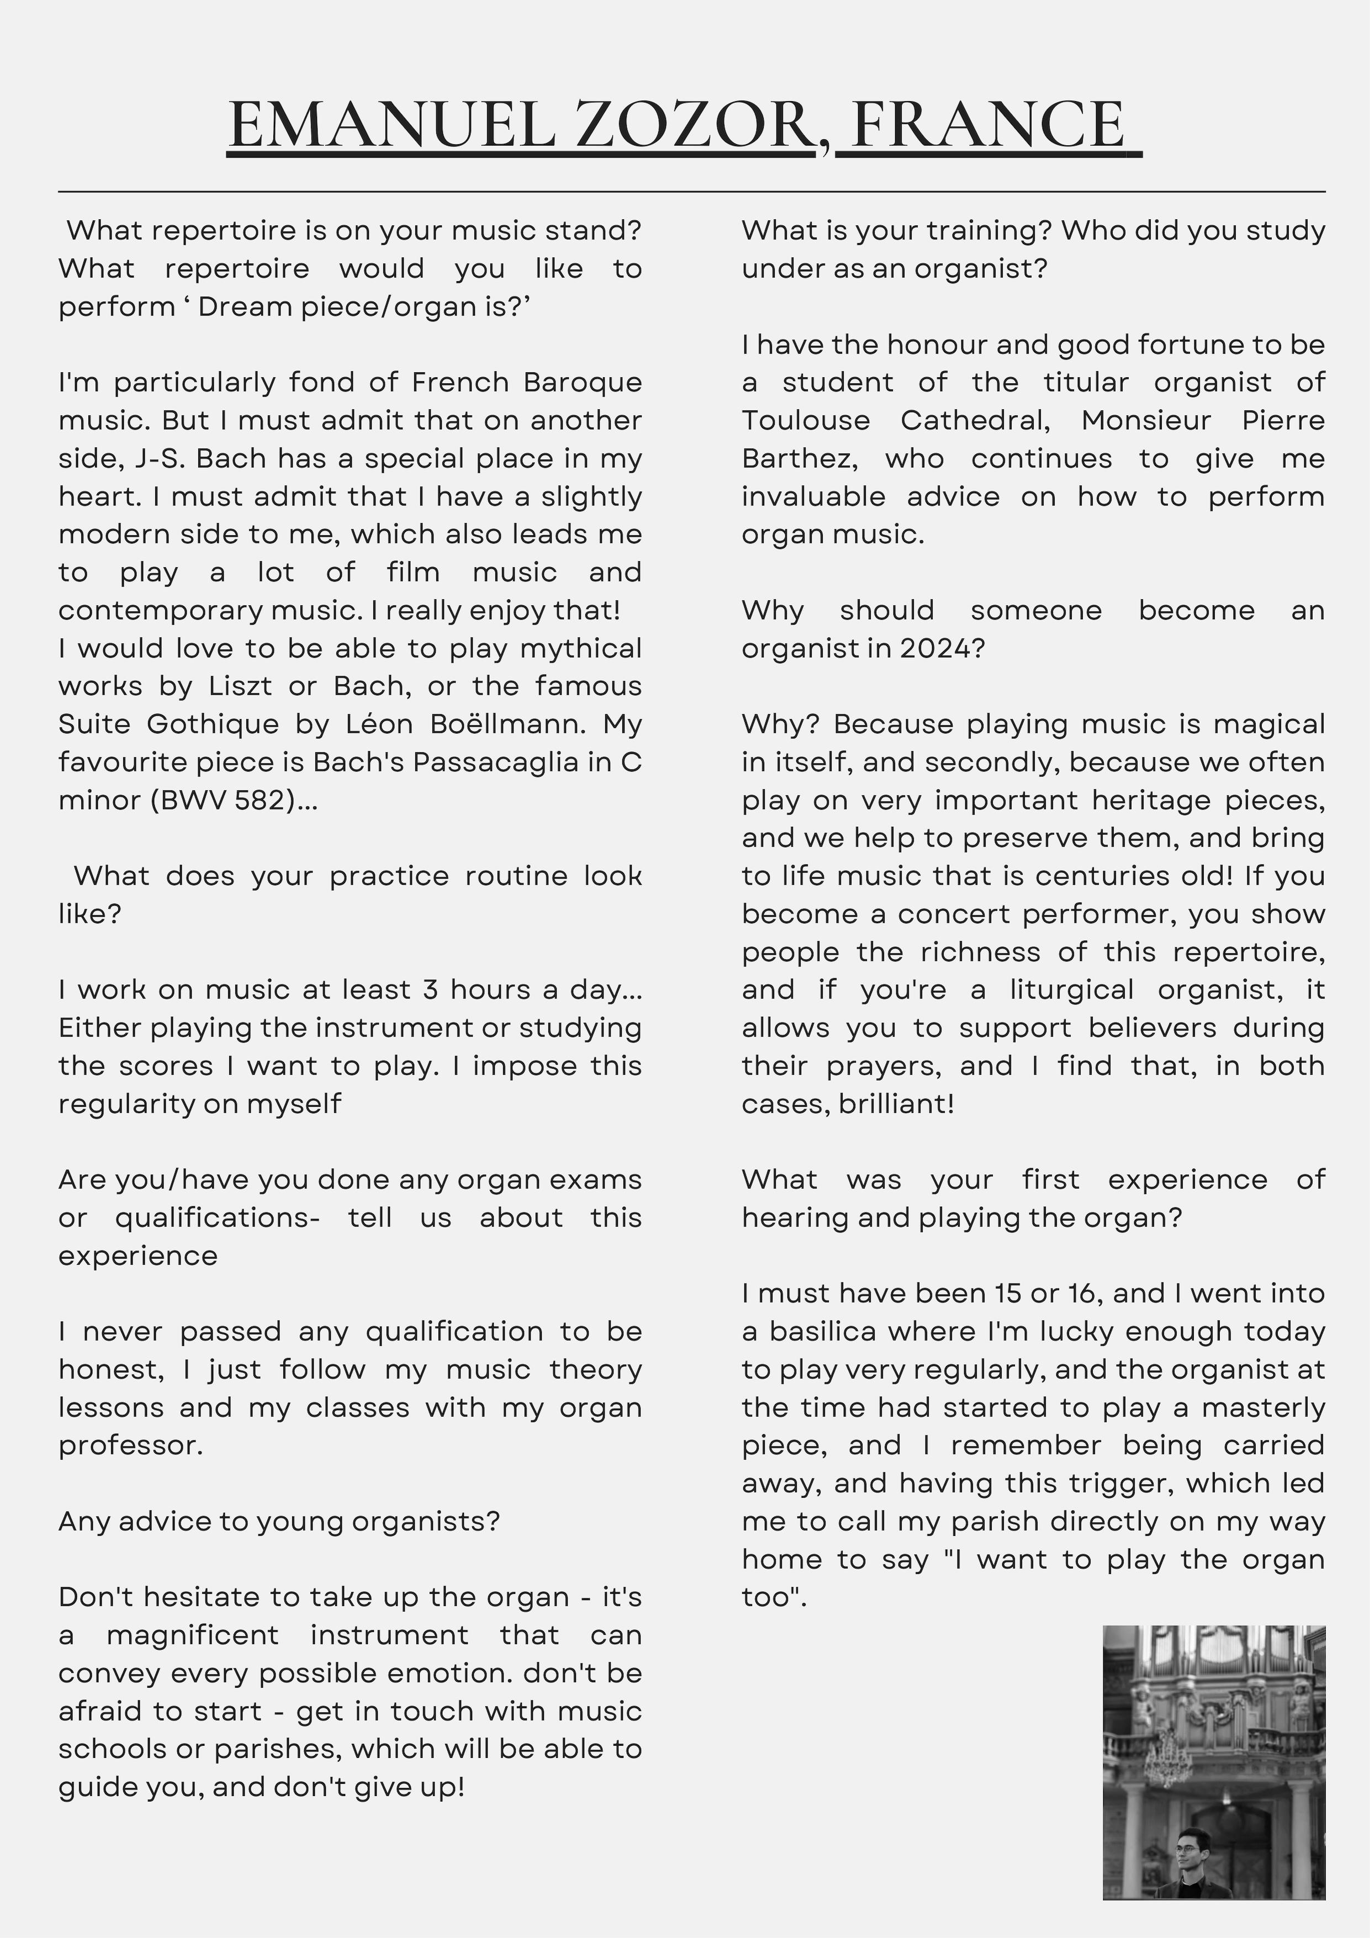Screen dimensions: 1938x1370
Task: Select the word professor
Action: coord(131,1445)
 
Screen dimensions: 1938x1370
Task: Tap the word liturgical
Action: coord(1072,989)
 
